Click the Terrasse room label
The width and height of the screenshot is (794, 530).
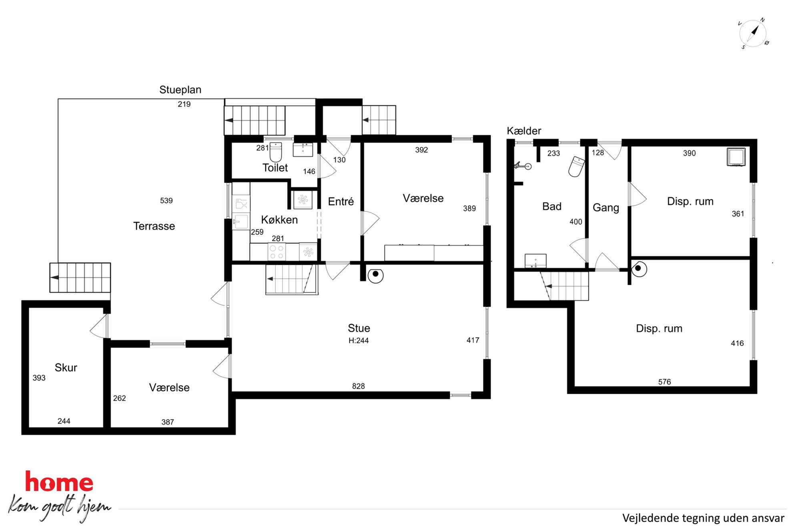point(154,226)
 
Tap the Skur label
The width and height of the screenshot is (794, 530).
point(66,368)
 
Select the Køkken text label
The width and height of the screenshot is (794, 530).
point(279,220)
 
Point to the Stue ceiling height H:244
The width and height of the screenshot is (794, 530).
point(359,341)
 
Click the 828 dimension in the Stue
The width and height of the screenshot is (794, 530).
point(359,386)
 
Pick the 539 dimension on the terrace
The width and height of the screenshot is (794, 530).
point(166,201)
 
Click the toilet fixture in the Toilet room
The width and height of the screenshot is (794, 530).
point(276,152)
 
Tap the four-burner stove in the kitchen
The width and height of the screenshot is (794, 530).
point(277,252)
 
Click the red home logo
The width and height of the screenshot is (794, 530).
point(59,482)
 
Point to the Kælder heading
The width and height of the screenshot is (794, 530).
point(524,131)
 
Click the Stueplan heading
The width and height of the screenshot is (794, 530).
point(180,90)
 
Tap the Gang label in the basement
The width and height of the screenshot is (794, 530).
point(606,208)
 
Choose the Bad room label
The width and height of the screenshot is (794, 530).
point(552,207)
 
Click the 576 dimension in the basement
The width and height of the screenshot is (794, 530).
point(665,382)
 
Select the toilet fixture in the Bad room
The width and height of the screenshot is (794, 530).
point(577,167)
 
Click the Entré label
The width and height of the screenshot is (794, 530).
point(341,202)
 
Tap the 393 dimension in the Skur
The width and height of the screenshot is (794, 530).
point(39,378)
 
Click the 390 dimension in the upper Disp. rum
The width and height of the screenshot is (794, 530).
point(690,153)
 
